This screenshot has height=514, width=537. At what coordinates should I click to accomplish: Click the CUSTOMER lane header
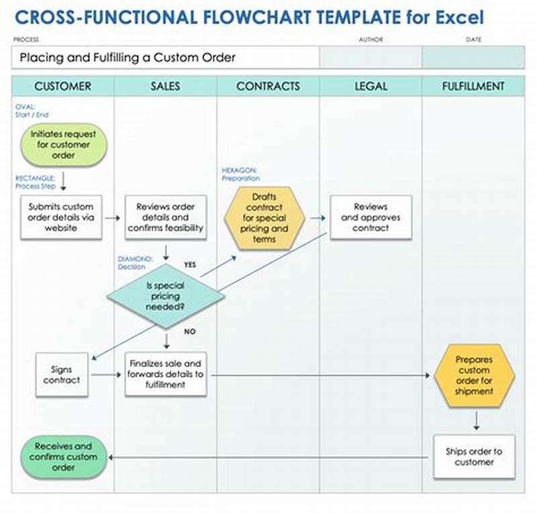62,86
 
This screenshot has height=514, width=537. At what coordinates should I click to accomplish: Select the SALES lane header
165,86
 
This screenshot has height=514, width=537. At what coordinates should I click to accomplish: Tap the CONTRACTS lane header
268,86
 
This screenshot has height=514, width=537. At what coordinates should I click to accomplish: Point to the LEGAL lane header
371,86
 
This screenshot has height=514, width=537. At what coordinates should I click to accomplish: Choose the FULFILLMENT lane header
473,86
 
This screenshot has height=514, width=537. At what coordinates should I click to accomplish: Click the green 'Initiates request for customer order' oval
62,144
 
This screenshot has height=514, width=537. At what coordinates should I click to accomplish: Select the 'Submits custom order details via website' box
61,217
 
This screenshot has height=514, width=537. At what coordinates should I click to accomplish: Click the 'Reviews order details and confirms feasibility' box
166,217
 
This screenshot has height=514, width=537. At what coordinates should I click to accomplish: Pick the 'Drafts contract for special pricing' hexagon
264,218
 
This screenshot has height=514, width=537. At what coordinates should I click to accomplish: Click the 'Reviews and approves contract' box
371,217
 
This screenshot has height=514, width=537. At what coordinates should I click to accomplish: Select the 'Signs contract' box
61,374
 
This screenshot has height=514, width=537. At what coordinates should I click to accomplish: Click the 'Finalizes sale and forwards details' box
166,374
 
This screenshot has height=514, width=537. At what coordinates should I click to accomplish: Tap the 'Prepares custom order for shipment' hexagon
474,375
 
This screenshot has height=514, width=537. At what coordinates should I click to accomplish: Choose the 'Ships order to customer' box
474,456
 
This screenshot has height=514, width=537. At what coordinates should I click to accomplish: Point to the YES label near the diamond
190,264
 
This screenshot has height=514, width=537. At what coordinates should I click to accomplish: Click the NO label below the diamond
189,331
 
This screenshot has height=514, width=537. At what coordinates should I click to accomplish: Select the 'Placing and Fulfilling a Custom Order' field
164,58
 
